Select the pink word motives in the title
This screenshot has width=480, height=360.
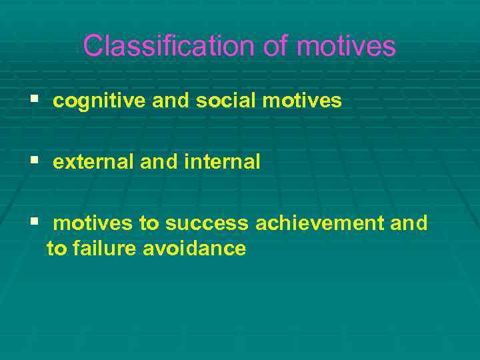pos(346,46)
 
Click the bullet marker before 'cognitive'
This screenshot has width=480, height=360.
pos(34,101)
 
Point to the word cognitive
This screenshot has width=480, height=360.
pos(100,101)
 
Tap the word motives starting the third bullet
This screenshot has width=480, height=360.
pos(93,223)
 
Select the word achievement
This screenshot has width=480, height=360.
pos(320,223)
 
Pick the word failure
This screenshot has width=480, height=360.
pos(100,249)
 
